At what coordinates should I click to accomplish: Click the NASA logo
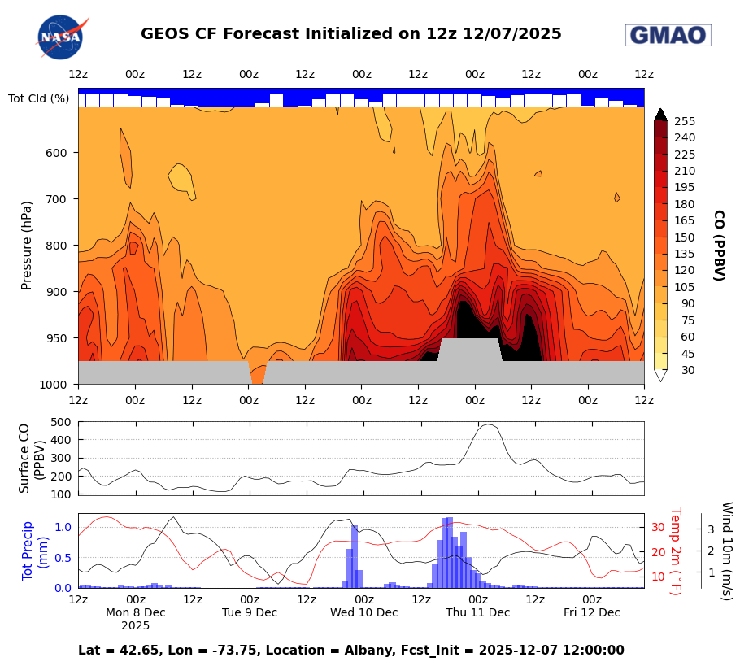(61, 37)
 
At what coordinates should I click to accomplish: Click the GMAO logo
(668, 35)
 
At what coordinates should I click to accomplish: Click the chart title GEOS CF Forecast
(350, 34)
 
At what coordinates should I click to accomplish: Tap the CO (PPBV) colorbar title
(718, 245)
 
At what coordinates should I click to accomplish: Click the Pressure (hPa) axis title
(27, 245)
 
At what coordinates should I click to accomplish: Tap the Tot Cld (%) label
(38, 98)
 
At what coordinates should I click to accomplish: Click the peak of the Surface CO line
(488, 424)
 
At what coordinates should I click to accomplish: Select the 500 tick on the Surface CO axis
(61, 422)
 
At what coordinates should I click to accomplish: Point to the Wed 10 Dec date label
(363, 612)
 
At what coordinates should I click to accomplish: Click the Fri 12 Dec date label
(592, 612)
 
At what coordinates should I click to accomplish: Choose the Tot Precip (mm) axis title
(36, 551)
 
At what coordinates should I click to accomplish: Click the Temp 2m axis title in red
(675, 551)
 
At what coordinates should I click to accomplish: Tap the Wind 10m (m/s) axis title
(726, 551)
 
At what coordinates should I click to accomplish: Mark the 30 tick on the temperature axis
(657, 527)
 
